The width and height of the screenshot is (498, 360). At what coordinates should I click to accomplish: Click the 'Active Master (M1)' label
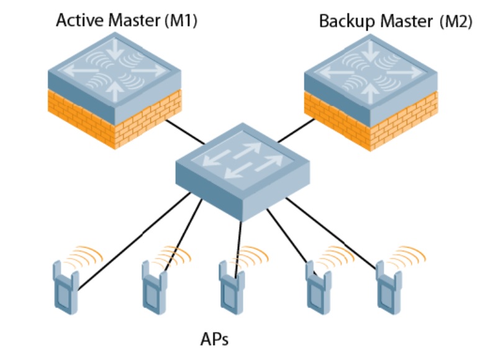point(126,20)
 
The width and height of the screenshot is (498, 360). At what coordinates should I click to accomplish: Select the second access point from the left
point(153,286)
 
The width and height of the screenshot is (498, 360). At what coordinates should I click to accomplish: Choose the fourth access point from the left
point(319,286)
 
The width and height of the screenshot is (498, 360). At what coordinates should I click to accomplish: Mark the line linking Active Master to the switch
point(186,133)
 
